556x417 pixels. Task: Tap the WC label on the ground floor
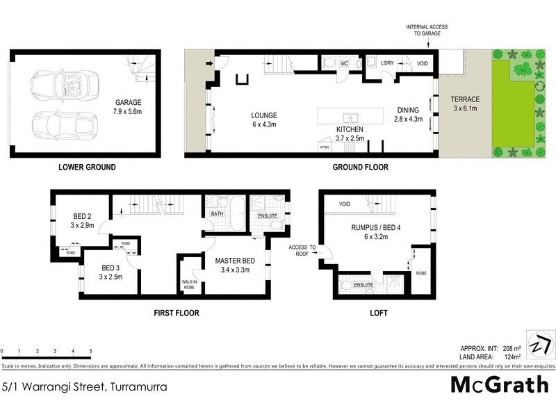click(343, 63)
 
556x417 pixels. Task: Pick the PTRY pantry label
click(324, 147)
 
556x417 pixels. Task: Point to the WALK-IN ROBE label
click(189, 284)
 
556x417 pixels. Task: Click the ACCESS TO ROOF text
click(302, 251)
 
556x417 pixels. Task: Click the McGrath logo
click(500, 384)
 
